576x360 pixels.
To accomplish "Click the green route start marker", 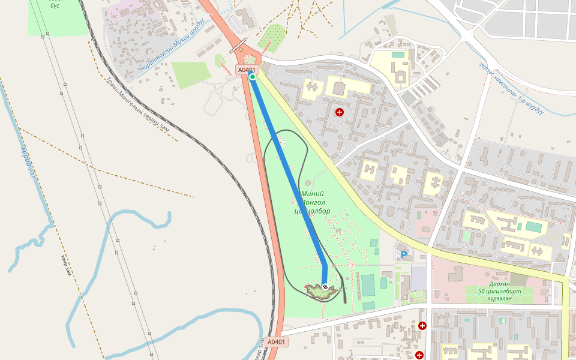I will pos(253,77).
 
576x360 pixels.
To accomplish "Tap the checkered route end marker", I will pos(325,287).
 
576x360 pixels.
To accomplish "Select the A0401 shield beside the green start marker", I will pos(247,70).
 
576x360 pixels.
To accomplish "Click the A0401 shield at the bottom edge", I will pos(277,342).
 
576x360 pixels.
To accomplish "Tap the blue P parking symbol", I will pos(404,255).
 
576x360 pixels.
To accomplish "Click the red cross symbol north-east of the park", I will pos(340,112).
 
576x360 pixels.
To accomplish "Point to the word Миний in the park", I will pos(313,194).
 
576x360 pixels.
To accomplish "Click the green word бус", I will pos(55,5).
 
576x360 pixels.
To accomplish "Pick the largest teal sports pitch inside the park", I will pos(368,285).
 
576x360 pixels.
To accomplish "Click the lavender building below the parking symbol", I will pos(418,278).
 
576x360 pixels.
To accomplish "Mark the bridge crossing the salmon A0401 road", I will pos(238,46).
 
